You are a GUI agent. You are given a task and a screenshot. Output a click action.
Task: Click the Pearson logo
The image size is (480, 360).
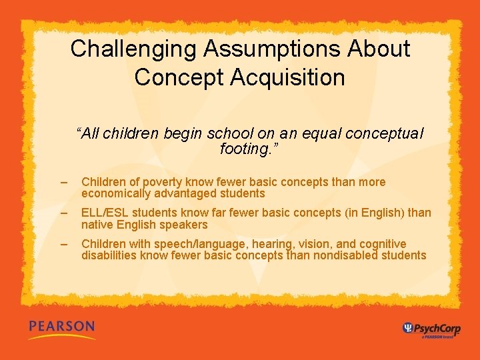pos(62,327)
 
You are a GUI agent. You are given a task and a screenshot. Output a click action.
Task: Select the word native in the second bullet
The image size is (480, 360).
pos(97,225)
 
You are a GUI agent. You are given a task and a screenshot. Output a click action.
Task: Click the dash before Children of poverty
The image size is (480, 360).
pos(63,182)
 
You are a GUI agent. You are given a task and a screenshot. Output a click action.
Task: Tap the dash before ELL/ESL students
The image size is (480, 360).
pos(63,213)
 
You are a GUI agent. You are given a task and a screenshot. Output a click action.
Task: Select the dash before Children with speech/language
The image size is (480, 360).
pos(63,244)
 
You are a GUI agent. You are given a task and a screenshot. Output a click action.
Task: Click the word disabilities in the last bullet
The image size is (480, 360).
pos(109,255)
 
